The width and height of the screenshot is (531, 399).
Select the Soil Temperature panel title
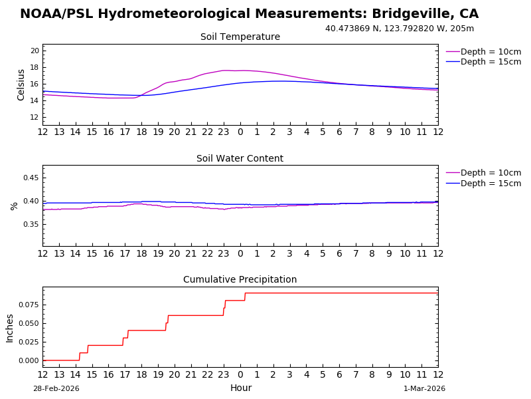point(240,37)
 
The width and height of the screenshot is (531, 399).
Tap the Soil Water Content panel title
point(240,159)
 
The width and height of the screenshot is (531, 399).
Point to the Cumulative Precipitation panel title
point(240,280)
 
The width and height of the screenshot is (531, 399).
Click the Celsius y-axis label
point(21,84)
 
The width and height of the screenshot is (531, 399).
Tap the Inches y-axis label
point(10,328)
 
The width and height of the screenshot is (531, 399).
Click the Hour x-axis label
point(240,388)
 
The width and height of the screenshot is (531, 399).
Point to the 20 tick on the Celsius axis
point(35,51)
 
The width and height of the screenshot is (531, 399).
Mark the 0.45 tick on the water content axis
point(31,178)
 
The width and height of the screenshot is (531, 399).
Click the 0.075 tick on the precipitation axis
point(28,305)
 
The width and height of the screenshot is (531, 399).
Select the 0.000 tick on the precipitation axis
point(28,360)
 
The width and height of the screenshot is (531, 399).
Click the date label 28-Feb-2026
point(56,389)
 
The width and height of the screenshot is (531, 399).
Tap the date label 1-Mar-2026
point(424,389)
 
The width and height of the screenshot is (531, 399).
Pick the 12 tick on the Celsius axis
point(35,118)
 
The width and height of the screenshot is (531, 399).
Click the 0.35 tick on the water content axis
point(31,225)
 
